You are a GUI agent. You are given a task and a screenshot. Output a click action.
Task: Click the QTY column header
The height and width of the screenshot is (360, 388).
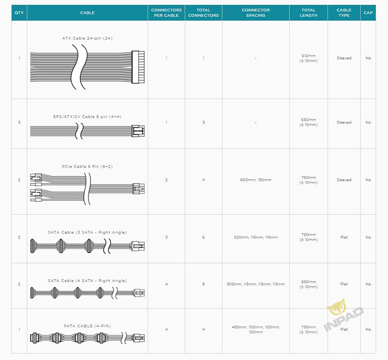[19, 13]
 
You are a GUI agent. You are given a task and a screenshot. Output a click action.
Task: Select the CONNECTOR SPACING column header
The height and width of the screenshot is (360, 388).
[256, 13]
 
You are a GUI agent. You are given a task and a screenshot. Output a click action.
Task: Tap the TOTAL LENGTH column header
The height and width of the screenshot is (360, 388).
[308, 13]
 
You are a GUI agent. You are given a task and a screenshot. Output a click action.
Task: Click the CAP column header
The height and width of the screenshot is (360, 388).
[368, 13]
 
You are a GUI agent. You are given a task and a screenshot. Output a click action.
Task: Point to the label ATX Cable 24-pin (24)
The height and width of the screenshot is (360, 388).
[87, 38]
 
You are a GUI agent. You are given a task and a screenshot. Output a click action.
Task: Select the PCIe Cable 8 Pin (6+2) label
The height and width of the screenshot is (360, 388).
[87, 166]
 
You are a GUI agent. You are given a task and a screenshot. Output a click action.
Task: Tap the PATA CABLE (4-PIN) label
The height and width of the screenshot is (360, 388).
[87, 326]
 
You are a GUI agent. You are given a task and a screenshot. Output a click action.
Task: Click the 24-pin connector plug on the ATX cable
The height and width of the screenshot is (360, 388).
[138, 67]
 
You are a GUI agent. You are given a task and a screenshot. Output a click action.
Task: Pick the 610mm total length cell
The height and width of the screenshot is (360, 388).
[308, 58]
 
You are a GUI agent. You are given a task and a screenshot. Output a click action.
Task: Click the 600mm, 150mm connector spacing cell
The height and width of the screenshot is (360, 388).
[256, 180]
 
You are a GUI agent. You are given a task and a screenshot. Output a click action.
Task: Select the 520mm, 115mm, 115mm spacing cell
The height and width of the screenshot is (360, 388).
[256, 237]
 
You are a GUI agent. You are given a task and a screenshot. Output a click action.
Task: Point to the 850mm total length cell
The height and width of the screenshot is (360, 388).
[308, 284]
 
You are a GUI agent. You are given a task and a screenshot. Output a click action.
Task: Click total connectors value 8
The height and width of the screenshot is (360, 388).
[203, 284]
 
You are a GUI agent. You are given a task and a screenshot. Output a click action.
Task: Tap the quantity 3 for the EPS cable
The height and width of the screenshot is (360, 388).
[19, 122]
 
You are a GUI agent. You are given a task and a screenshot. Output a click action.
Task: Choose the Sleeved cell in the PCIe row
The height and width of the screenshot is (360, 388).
[344, 180]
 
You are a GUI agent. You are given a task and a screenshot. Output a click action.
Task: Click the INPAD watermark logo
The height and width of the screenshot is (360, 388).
[343, 314]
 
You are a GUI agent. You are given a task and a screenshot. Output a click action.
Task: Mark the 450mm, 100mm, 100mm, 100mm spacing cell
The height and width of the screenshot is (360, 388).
[256, 329]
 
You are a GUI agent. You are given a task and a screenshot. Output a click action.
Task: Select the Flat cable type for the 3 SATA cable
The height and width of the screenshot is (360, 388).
[344, 237]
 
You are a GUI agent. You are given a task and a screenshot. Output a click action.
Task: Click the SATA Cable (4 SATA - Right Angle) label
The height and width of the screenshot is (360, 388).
[87, 280]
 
